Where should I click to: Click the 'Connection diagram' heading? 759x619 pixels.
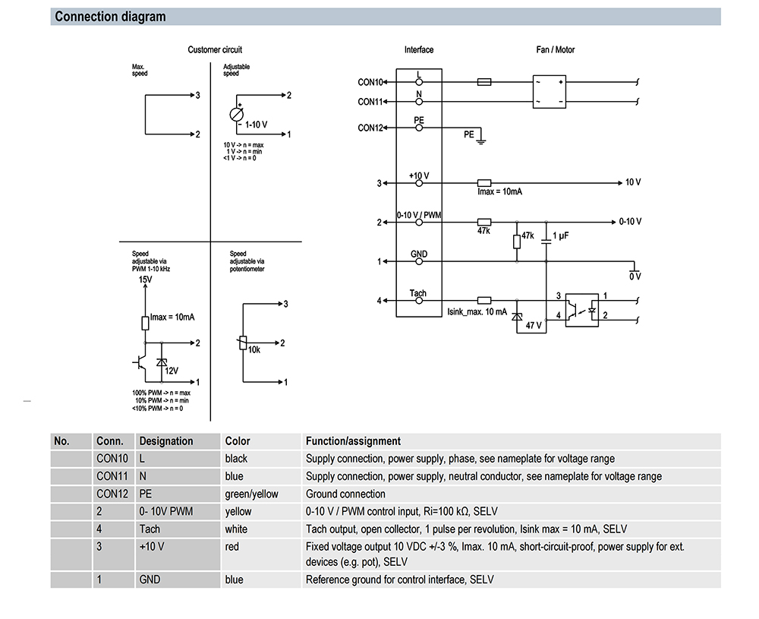pyautogui.click(x=110, y=17)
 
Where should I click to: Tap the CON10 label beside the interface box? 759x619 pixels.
pyautogui.click(x=370, y=82)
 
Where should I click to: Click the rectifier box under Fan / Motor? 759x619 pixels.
pyautogui.click(x=549, y=92)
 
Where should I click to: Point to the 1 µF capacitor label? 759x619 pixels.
pyautogui.click(x=561, y=236)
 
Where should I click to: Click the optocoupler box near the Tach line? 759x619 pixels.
pyautogui.click(x=582, y=310)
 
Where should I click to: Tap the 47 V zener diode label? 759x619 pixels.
pyautogui.click(x=534, y=326)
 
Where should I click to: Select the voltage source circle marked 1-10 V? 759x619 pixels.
pyautogui.click(x=236, y=115)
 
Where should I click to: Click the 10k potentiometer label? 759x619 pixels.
pyautogui.click(x=254, y=349)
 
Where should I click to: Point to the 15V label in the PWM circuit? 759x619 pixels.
pyautogui.click(x=145, y=279)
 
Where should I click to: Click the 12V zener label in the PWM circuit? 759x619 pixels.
pyautogui.click(x=172, y=371)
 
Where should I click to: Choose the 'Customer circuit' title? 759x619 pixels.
pyautogui.click(x=215, y=49)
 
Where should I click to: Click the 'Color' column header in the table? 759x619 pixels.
pyautogui.click(x=237, y=441)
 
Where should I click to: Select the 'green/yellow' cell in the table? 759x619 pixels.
pyautogui.click(x=251, y=494)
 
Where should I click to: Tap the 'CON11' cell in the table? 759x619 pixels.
pyautogui.click(x=112, y=476)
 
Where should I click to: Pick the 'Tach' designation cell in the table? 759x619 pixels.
pyautogui.click(x=150, y=529)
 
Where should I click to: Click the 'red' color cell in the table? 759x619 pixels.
pyautogui.click(x=231, y=547)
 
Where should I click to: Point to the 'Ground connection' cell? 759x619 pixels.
pyautogui.click(x=345, y=494)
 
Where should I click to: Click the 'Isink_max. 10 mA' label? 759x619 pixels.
pyautogui.click(x=477, y=312)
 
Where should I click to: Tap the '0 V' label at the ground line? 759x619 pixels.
pyautogui.click(x=635, y=276)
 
